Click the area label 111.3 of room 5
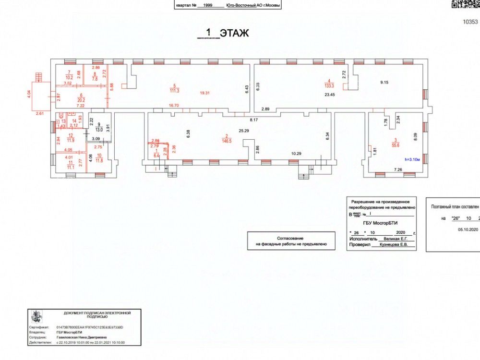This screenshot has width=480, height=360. click(174, 91)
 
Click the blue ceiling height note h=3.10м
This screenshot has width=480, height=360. click(413, 159)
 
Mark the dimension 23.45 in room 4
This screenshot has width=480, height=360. click(330, 95)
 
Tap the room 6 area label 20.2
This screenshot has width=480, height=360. click(81, 100)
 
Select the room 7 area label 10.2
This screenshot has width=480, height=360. click(69, 77)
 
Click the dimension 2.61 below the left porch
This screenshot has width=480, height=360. click(40, 114)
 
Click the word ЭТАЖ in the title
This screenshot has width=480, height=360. click(235, 33)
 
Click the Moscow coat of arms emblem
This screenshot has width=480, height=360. click(35, 317)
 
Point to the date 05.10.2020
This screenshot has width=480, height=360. click(465, 229)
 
